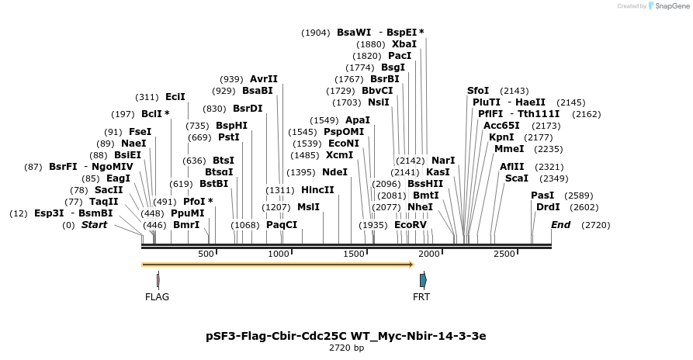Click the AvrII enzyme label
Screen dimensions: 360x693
(x=264, y=78)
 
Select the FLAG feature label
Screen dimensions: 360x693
(x=157, y=296)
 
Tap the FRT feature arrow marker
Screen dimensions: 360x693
(x=423, y=279)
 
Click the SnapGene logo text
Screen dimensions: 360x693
(x=667, y=6)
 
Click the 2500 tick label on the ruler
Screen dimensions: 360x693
(x=504, y=254)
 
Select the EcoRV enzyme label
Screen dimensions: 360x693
(x=411, y=225)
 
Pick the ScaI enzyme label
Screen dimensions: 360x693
(x=516, y=178)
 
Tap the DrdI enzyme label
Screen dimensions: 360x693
(x=548, y=207)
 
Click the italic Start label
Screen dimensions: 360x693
(x=94, y=225)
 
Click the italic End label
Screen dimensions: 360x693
(x=560, y=225)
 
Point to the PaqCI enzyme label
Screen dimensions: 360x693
(x=282, y=225)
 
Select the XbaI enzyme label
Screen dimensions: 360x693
(x=404, y=44)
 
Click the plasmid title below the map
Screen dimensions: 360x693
(x=346, y=336)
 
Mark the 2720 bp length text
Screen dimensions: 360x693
(x=346, y=348)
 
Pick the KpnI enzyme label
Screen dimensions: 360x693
(x=501, y=137)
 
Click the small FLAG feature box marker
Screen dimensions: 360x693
(x=158, y=279)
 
